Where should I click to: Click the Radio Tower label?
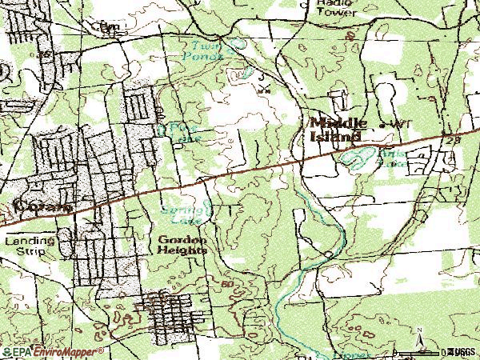(x=329, y=10)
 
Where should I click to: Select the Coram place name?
(x=32, y=206)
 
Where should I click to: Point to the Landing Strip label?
(x=30, y=245)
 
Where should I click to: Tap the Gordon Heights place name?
(x=183, y=244)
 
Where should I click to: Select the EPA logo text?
(x=17, y=351)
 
